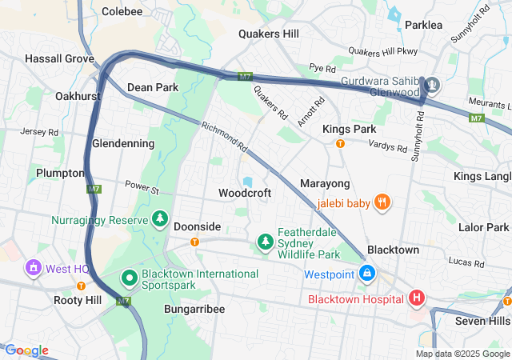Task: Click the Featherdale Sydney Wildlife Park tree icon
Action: click(265, 241)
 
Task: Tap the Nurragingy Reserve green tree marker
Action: click(161, 219)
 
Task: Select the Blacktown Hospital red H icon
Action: click(416, 299)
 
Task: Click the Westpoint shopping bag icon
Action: click(366, 274)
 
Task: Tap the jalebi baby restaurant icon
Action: click(383, 203)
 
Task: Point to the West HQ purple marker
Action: click(34, 268)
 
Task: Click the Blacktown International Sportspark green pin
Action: click(128, 278)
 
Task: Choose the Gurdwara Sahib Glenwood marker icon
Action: click(432, 85)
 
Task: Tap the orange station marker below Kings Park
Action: click(340, 144)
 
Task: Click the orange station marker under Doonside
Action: click(194, 242)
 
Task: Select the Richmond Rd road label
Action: click(225, 135)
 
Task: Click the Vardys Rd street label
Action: click(389, 145)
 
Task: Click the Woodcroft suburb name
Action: click(245, 194)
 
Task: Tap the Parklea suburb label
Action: click(423, 25)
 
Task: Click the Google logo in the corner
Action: click(26, 350)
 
